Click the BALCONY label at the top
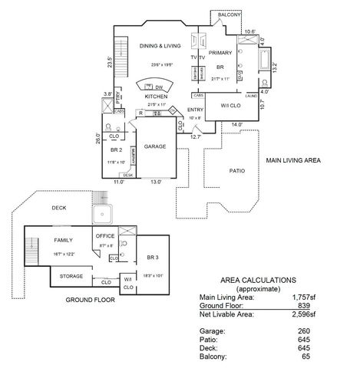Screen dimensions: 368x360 pos(230,15)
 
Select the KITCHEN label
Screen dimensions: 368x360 pos(157,97)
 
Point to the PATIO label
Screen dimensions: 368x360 pos(237,170)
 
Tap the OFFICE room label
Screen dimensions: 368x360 pos(105,236)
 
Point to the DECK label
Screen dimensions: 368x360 pos(60,208)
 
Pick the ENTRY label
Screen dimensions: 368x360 pos(196,110)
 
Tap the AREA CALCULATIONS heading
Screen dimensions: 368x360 pos(258,280)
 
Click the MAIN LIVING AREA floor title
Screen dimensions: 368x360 pos(293,161)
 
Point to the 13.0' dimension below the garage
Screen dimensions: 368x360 pos(156,182)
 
